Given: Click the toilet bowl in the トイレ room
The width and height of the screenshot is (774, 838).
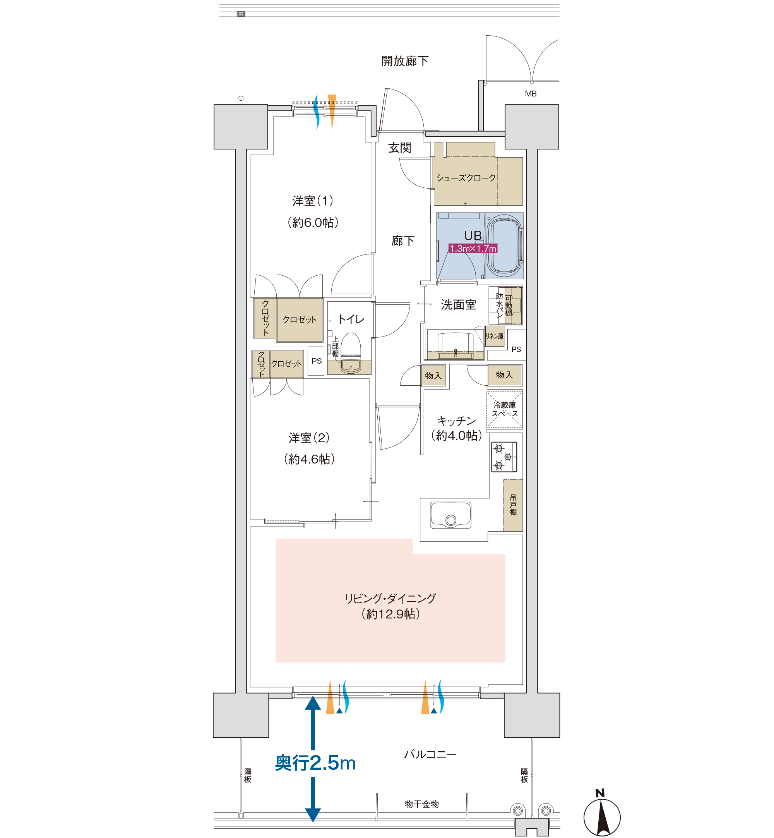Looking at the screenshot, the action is click(351, 353).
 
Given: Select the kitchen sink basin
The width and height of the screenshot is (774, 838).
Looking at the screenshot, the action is click(451, 515).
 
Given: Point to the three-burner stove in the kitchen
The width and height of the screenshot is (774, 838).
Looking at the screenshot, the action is click(504, 457).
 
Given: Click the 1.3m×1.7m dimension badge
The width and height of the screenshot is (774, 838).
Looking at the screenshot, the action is click(473, 249).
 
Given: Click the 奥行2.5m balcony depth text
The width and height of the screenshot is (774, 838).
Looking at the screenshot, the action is click(315, 763).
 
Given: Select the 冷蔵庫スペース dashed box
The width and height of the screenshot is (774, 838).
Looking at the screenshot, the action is click(504, 409).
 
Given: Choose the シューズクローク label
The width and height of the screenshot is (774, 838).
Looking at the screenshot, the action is click(466, 178).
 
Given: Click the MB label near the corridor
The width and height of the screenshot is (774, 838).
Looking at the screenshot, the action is click(531, 94).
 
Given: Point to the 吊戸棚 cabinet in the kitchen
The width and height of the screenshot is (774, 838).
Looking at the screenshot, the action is click(513, 505).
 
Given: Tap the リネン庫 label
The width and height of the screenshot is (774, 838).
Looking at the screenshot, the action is click(494, 336).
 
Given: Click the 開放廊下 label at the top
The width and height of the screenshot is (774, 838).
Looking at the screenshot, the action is click(404, 61).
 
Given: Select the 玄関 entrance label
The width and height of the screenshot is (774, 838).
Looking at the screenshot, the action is click(399, 148).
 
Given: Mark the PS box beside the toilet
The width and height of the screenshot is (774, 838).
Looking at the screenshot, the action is click(316, 361).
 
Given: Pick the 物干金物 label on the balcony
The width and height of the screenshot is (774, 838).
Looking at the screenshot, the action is click(422, 804).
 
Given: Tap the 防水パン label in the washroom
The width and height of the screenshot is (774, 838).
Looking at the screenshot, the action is click(500, 306).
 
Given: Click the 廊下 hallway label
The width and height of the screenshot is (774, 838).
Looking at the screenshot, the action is click(403, 240).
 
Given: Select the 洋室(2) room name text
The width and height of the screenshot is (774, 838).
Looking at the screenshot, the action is click(309, 438).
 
